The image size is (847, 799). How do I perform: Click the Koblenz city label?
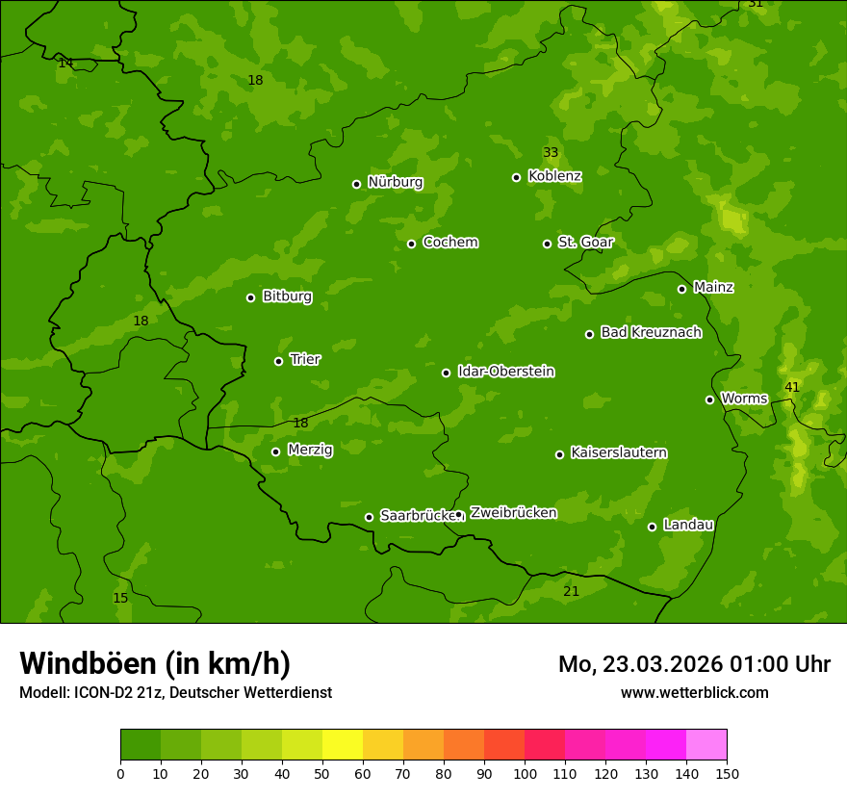(x=554, y=176)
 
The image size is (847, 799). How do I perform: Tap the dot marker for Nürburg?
(x=356, y=184)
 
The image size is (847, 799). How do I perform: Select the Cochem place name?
(x=449, y=242)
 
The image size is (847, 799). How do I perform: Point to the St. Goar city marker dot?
(x=547, y=244)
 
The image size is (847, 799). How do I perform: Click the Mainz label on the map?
(x=713, y=287)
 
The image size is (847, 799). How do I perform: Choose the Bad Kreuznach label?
(x=651, y=332)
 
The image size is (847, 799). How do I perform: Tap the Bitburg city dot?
(x=250, y=297)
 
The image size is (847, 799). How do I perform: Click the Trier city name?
(x=305, y=359)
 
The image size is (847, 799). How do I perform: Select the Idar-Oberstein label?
(x=505, y=372)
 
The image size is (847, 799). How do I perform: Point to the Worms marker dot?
(x=709, y=399)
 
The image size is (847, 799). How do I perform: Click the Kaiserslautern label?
(x=619, y=452)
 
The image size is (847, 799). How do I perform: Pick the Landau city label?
(x=688, y=525)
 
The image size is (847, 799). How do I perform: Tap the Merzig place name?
(x=310, y=450)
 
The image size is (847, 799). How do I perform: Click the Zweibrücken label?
(x=513, y=512)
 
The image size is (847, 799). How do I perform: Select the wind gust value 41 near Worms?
(x=791, y=387)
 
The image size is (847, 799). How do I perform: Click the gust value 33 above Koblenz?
(x=551, y=153)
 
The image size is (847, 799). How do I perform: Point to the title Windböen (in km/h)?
(x=155, y=663)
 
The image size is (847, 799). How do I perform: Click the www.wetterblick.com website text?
(x=694, y=692)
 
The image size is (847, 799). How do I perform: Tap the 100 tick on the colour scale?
(x=525, y=773)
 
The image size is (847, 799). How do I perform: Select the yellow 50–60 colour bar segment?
(x=343, y=745)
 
